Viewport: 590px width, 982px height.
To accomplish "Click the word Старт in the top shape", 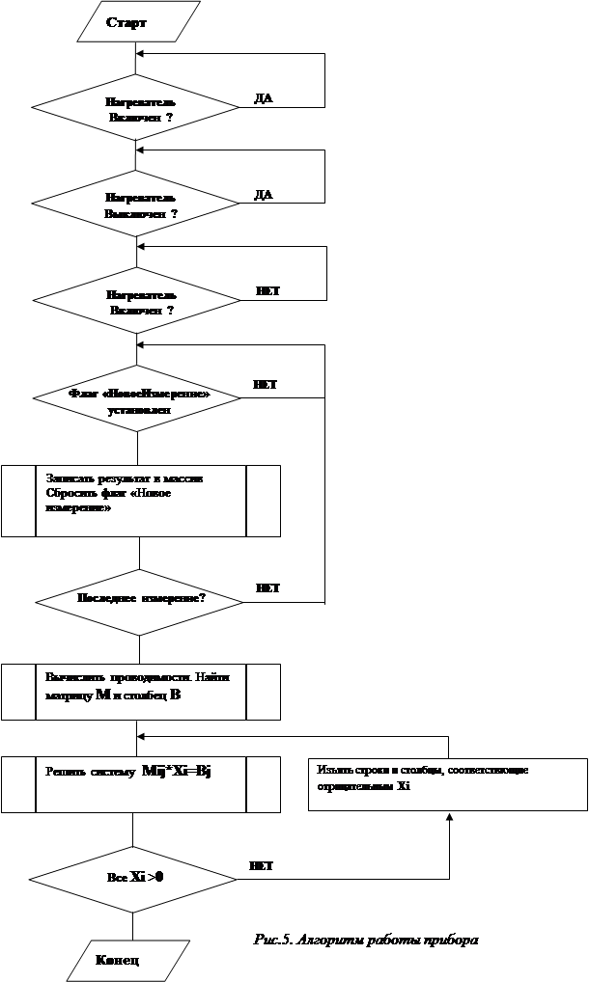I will (x=126, y=21).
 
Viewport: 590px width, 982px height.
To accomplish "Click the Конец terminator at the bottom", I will (x=117, y=961).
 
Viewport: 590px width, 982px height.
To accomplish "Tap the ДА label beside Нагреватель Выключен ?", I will (x=264, y=194).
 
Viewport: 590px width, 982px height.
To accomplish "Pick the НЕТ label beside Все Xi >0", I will (x=261, y=866).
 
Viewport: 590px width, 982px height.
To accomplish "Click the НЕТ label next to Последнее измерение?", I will (x=267, y=587).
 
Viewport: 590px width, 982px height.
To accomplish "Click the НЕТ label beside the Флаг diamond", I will (x=266, y=385).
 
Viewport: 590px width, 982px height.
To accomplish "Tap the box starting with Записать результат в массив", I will (x=141, y=501).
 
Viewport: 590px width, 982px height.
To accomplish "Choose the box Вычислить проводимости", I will (x=141, y=692).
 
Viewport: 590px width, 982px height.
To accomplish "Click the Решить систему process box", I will (x=141, y=783).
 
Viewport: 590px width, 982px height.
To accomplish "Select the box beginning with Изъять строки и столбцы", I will (x=447, y=783).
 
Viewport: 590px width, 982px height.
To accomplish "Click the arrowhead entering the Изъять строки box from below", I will (x=449, y=817).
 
